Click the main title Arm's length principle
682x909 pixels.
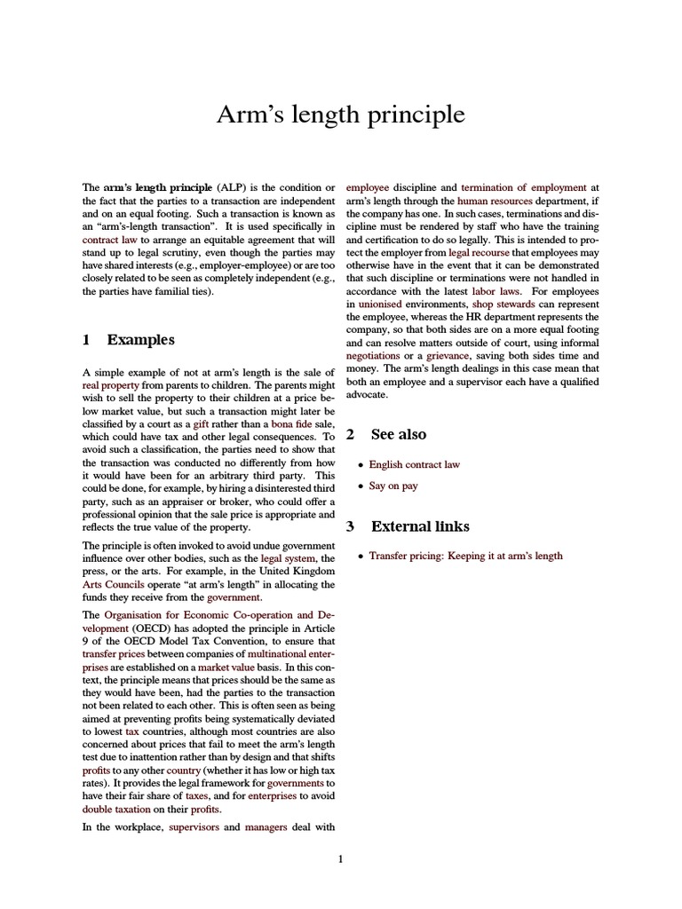pyautogui.click(x=341, y=115)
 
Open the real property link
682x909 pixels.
pyautogui.click(x=111, y=387)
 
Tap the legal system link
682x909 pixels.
pyautogui.click(x=288, y=559)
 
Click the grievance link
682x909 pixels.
pyautogui.click(x=451, y=355)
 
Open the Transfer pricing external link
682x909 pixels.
pyautogui.click(x=465, y=556)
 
